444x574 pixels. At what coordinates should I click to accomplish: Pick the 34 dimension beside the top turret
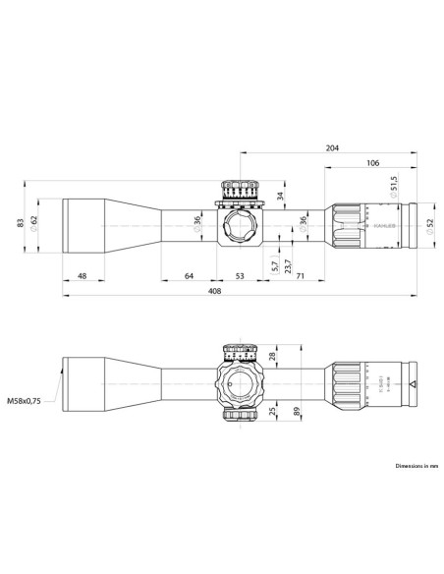coord(281,196)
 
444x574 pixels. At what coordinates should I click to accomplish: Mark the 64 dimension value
coord(190,277)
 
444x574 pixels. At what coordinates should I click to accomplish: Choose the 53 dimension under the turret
coord(241,277)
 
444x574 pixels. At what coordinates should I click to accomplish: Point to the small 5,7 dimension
coord(274,263)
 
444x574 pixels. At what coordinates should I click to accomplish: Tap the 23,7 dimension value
coord(287,263)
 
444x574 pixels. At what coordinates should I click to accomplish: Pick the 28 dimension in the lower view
coord(272,357)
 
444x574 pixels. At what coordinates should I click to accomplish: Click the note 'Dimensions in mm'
coord(416,465)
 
